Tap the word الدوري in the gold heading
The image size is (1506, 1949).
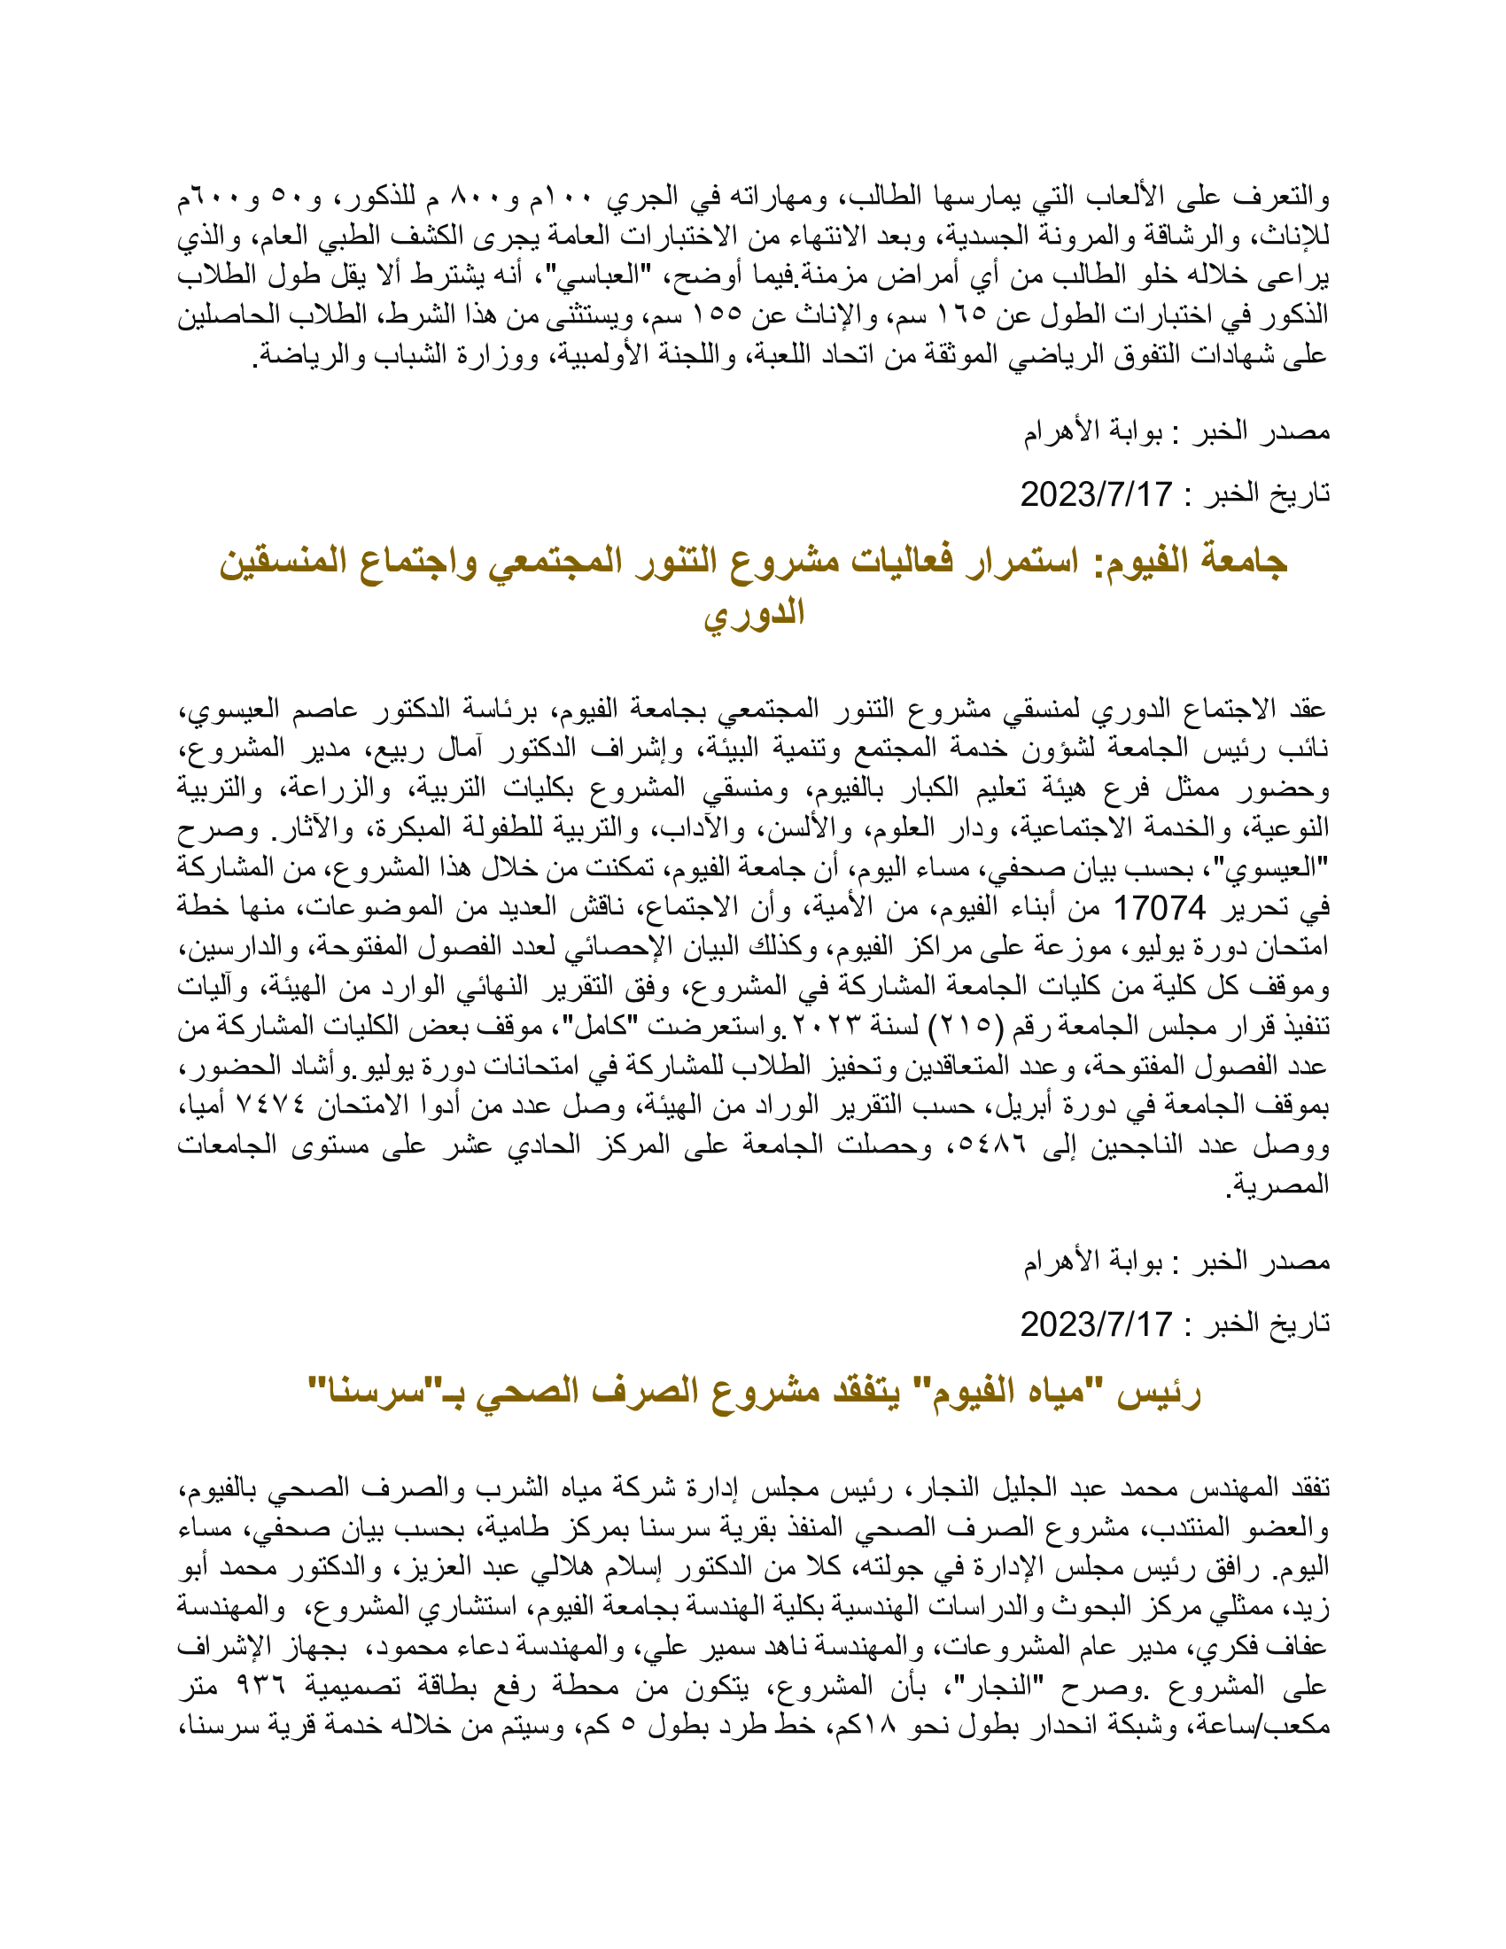[754, 614]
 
